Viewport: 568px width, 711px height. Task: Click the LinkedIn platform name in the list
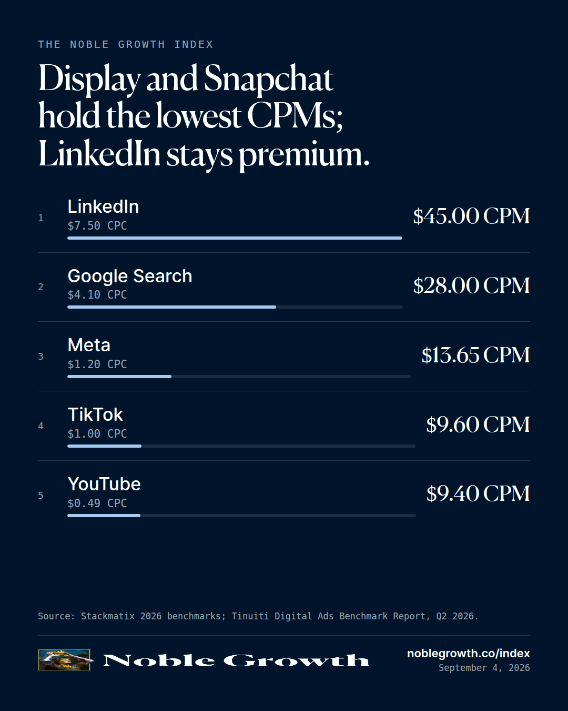tap(103, 207)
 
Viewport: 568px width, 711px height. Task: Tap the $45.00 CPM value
tap(471, 216)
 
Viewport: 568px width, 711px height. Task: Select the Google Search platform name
tap(130, 276)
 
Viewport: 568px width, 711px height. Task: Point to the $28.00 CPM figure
tap(471, 285)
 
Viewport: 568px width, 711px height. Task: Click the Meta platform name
tap(89, 345)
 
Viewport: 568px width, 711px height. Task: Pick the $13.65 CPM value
tap(475, 355)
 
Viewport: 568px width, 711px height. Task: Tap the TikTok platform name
tap(95, 414)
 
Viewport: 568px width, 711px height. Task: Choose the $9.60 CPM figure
tap(478, 424)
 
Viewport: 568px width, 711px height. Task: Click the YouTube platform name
tap(104, 485)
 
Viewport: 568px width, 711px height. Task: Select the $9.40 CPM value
tap(478, 494)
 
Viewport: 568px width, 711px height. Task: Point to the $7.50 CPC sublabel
tap(97, 225)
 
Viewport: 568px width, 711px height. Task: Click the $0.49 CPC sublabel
tap(97, 503)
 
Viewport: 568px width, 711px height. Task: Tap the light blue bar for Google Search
tap(171, 307)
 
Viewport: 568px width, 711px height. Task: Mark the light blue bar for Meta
tap(119, 377)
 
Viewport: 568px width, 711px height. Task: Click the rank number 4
tap(40, 426)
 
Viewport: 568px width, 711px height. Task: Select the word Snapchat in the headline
tap(268, 78)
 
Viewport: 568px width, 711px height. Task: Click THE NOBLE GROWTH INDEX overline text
tap(125, 45)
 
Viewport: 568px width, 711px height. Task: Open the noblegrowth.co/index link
tap(468, 653)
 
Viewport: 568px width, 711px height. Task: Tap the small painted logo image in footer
tap(64, 660)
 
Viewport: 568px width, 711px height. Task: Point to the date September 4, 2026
tap(484, 668)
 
